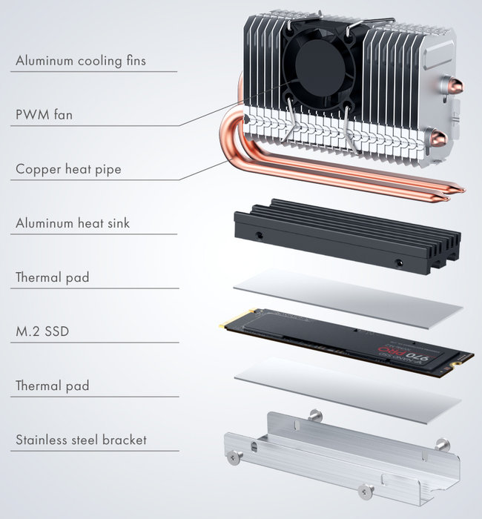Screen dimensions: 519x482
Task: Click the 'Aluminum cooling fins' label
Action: click(80, 61)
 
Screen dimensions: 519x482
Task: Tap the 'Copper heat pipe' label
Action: click(68, 169)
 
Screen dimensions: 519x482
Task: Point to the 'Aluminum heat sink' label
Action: click(72, 223)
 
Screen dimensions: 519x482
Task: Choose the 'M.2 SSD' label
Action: click(42, 331)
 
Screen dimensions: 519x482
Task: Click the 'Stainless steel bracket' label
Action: click(81, 440)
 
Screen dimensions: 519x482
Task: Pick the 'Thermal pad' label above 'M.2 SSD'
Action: click(52, 277)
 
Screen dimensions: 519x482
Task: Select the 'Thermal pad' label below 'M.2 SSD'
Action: click(52, 386)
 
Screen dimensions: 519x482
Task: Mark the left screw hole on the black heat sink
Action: click(260, 236)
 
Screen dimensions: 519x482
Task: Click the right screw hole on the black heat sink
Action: click(399, 262)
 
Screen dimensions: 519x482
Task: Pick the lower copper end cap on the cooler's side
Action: click(439, 136)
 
